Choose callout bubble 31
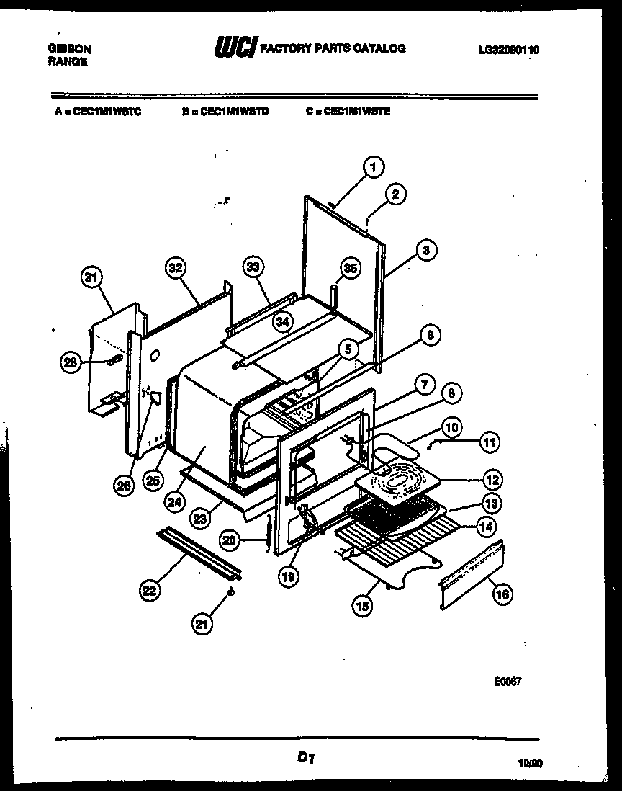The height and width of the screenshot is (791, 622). (x=91, y=278)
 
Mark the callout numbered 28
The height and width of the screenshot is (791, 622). (x=70, y=363)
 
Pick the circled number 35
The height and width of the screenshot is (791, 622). (x=349, y=269)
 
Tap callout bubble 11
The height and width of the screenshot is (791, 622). (x=490, y=443)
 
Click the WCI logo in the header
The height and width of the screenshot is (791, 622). (x=234, y=49)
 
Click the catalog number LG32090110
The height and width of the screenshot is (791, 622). (x=508, y=50)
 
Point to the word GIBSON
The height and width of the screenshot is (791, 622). (x=69, y=49)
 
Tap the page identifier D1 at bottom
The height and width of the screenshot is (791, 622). (x=306, y=757)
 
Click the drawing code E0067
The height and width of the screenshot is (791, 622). (x=508, y=681)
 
